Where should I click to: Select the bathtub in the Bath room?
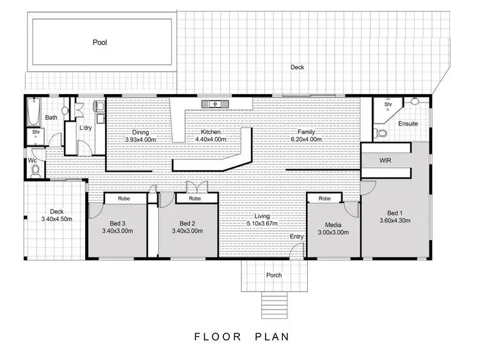(33, 113)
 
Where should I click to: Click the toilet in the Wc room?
(35, 170)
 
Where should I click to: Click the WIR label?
(385, 160)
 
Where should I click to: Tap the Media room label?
(333, 225)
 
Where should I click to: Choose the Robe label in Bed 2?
(195, 199)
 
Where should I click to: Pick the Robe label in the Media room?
(324, 199)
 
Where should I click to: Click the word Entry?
(296, 237)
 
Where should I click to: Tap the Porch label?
(273, 275)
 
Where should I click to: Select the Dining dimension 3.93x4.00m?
(140, 139)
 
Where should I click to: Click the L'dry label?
(85, 128)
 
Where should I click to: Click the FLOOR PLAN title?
(241, 336)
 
